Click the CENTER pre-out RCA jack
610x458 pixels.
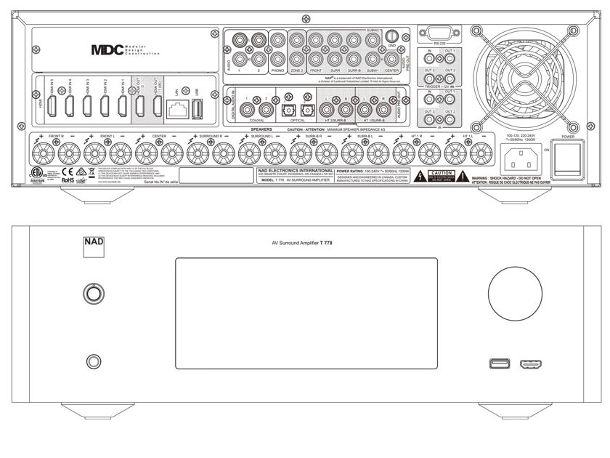coord(391,57)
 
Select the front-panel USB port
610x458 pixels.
coord(500,363)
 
